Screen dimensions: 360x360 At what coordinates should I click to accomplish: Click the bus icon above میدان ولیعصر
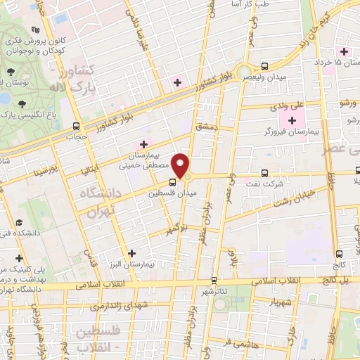tap(264, 61)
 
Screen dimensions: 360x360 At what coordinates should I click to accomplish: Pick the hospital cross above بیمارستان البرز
tap(131, 252)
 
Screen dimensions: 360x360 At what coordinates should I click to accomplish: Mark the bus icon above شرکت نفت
tap(264, 172)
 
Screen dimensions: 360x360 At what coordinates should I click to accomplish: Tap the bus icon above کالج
tap(340, 253)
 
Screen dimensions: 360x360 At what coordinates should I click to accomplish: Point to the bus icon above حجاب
tap(75, 127)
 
